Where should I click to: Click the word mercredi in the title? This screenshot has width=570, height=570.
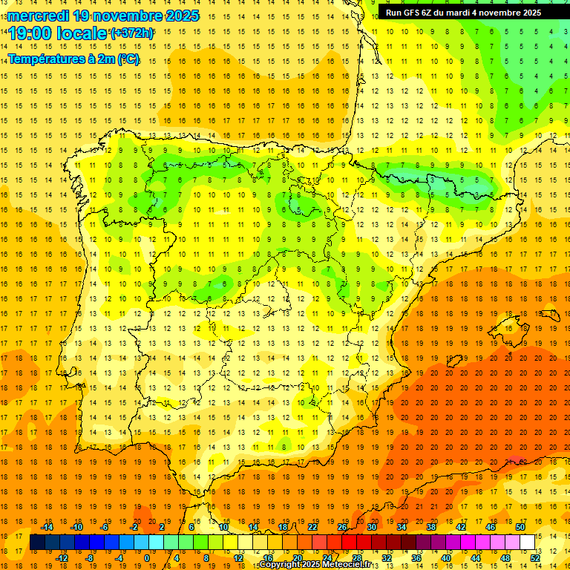pyautogui.click(x=39, y=16)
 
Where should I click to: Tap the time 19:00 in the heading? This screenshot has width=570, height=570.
pyautogui.click(x=30, y=33)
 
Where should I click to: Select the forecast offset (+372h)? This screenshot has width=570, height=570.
pyautogui.click(x=132, y=33)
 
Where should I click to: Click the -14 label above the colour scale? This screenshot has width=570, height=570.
pyautogui.click(x=47, y=527)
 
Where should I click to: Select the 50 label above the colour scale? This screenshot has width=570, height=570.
pyautogui.click(x=520, y=527)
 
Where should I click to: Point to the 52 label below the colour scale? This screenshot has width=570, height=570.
pyautogui.click(x=535, y=558)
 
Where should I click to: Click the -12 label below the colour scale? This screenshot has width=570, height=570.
pyautogui.click(x=62, y=558)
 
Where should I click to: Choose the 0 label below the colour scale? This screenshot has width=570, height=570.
pyautogui.click(x=147, y=558)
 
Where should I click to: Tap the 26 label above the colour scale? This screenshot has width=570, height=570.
pyautogui.click(x=342, y=527)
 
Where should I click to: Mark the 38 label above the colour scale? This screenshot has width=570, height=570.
pyautogui.click(x=431, y=527)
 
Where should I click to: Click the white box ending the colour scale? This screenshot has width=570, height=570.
pyautogui.click(x=528, y=543)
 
